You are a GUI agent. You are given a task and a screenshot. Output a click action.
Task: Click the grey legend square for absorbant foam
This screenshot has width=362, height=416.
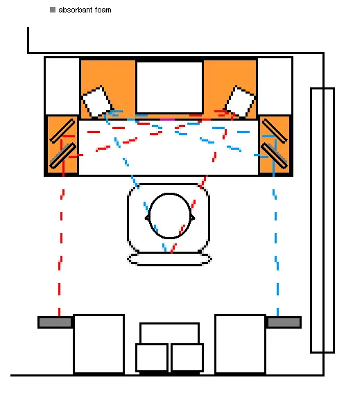tap(53, 10)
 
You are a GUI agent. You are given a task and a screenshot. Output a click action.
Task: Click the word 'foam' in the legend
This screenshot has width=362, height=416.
tap(103, 10)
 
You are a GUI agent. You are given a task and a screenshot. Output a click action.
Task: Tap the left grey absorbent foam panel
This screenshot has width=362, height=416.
tap(55, 322)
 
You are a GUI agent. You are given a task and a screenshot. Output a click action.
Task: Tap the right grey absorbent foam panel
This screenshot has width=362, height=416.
tap(284, 322)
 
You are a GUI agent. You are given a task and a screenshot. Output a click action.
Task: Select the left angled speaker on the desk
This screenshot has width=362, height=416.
tap(97, 102)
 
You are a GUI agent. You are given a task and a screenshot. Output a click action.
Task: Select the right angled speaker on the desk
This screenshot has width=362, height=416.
tap(240, 102)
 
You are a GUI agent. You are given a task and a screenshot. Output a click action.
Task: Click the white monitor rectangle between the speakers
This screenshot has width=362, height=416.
tap(170, 87)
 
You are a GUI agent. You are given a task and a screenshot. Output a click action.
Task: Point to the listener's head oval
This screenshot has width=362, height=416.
tap(170, 216)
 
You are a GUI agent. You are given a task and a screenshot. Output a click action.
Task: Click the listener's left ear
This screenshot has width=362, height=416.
tap(147, 218)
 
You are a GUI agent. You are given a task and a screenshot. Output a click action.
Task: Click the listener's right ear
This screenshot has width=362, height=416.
tap(193, 218)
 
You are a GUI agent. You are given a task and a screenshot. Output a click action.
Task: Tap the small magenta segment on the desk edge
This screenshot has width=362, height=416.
tap(167, 120)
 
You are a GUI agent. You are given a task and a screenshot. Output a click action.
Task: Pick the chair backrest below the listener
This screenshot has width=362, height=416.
tap(169, 259)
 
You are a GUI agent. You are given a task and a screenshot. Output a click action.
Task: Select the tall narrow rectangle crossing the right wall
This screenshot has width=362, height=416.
tap(322, 220)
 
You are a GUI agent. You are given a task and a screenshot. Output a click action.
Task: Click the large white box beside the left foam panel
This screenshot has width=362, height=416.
tap(98, 345)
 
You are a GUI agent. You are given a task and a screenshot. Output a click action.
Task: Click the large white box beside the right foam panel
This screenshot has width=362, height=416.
tap(240, 345)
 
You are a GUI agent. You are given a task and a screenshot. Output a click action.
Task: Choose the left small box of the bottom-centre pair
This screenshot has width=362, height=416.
tap(152, 358)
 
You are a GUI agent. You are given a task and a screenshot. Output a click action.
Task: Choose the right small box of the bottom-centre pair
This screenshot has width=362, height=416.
tap(187, 358)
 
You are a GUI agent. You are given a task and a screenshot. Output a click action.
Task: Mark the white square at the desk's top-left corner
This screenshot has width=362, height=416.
tap(62, 86)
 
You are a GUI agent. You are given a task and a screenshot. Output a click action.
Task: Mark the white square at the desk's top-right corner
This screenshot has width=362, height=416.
tap(275, 86)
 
